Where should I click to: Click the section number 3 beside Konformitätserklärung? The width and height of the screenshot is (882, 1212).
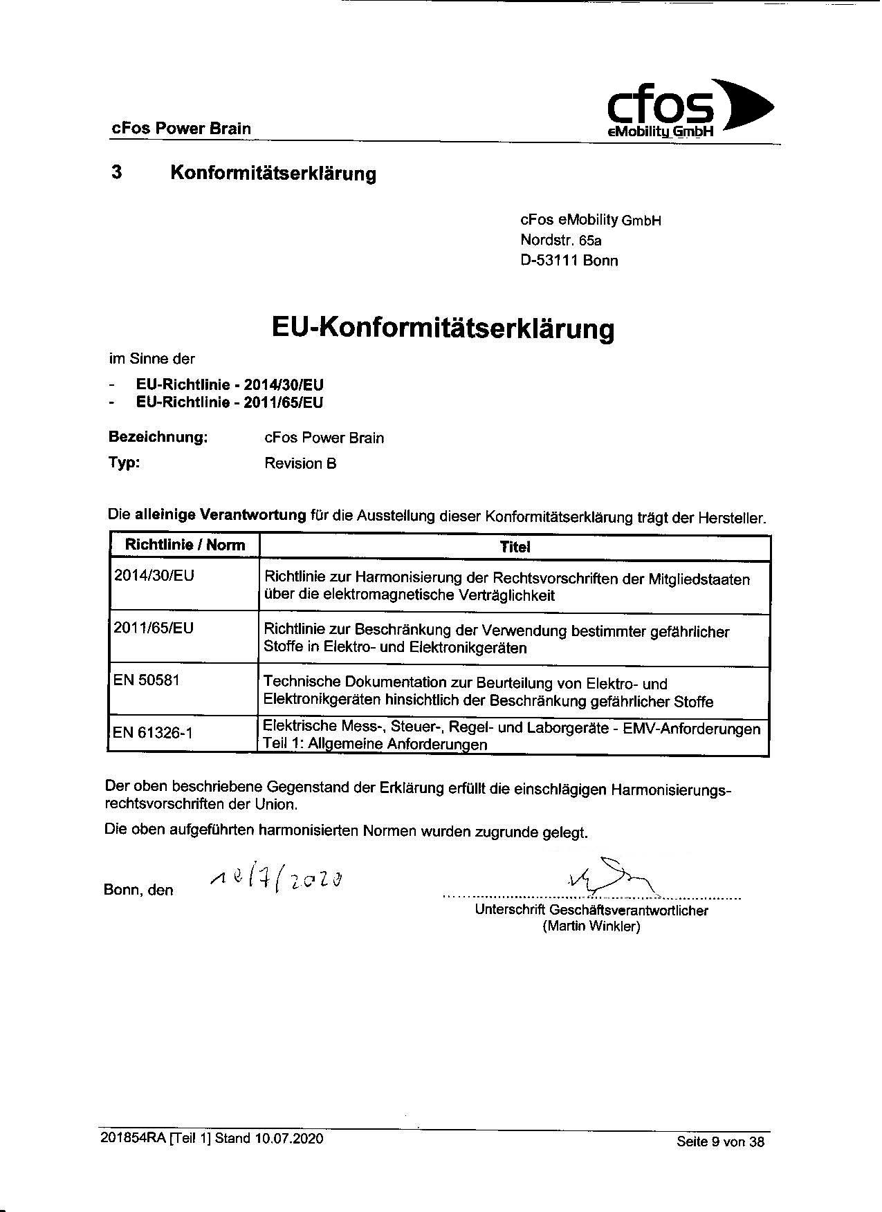point(117,171)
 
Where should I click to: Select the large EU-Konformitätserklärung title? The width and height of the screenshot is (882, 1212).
point(442,328)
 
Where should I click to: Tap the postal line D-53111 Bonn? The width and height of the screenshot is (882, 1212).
point(569,261)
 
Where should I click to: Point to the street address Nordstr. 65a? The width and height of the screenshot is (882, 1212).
point(561,241)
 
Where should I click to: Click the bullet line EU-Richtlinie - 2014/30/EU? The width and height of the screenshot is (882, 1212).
point(230,385)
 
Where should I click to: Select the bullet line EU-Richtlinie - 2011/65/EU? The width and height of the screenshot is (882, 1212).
point(230,402)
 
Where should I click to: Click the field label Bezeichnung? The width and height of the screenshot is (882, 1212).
point(158,437)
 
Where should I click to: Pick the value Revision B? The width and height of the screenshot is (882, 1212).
point(300,463)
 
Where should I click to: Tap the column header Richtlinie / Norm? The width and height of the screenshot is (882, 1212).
point(185,545)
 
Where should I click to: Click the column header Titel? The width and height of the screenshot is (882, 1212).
point(515,546)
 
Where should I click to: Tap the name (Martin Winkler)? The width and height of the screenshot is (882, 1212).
point(591,926)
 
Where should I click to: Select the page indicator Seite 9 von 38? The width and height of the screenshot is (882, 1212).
point(720,1141)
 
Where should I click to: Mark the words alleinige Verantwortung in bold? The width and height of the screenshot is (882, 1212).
point(220,514)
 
